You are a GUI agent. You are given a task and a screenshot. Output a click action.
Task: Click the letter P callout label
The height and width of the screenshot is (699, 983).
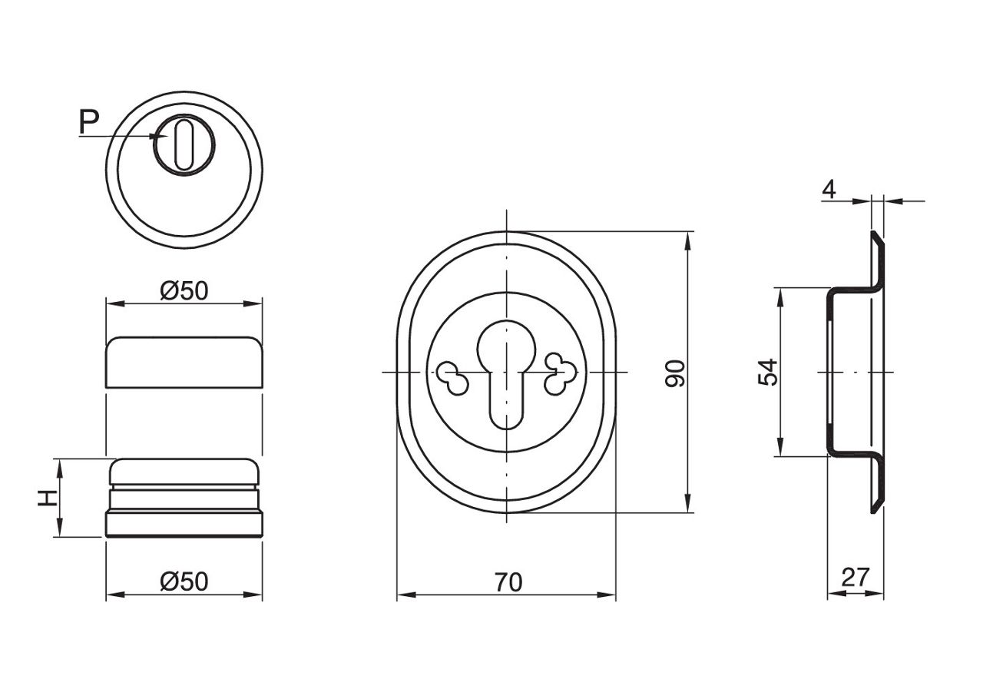coord(89,121)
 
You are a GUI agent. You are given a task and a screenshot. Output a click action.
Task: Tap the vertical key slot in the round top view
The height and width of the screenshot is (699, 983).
coord(184,144)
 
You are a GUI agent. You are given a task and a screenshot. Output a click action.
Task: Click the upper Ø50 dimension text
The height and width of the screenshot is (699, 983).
coord(184,291)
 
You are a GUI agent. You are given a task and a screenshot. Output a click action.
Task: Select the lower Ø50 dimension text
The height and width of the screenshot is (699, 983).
coord(184,581)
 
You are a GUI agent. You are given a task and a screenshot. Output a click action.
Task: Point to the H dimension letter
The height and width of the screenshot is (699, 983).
coord(48,498)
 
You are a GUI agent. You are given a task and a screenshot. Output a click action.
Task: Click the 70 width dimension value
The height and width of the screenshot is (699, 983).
coord(508,583)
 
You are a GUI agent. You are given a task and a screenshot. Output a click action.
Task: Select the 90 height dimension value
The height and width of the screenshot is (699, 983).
coord(674,373)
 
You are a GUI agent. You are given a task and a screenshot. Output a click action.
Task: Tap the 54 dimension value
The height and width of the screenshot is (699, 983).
coord(767,373)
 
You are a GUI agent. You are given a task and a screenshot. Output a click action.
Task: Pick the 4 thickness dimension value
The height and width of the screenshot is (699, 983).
coord(829,189)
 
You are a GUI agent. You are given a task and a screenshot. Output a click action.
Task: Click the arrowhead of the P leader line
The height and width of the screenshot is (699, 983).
coord(161,137)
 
